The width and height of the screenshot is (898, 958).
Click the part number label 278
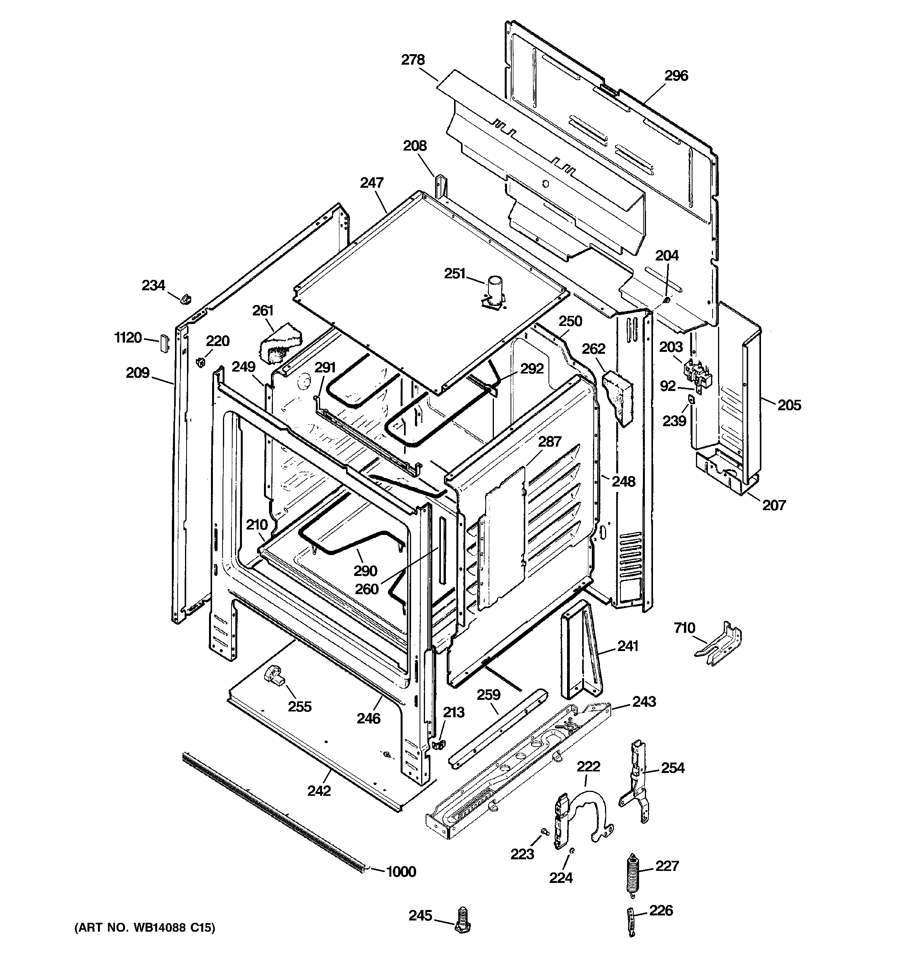tap(413, 60)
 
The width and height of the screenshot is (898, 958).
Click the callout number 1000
tap(401, 872)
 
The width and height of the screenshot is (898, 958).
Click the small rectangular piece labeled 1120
tap(164, 344)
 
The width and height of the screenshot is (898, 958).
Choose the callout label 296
tap(676, 75)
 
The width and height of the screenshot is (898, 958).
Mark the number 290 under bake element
tap(365, 571)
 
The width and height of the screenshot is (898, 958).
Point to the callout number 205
tap(789, 405)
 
